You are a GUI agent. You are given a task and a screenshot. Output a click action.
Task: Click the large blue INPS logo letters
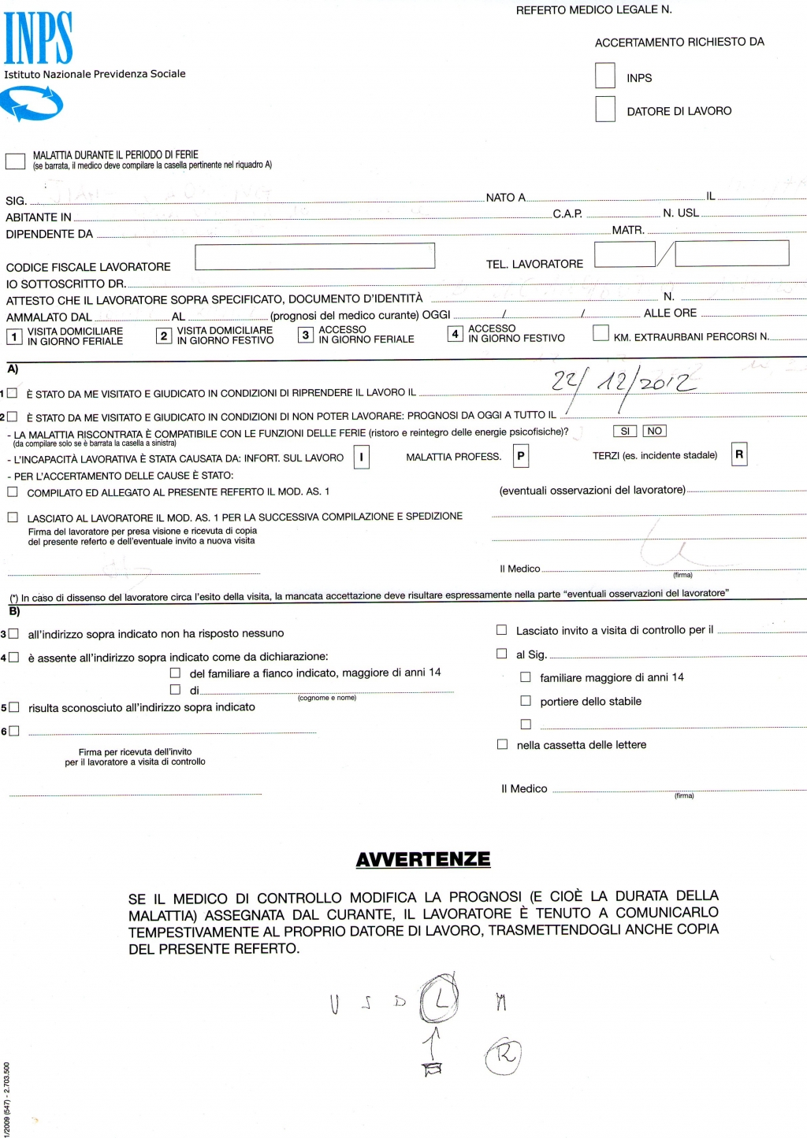coord(38,38)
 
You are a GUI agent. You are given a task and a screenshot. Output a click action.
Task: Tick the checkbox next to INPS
coord(605,76)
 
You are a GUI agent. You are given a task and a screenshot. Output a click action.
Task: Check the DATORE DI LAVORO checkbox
coord(605,109)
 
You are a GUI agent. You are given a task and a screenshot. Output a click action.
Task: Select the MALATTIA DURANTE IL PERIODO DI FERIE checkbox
coord(15,161)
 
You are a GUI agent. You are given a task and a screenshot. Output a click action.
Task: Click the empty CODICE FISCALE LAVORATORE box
coord(314,256)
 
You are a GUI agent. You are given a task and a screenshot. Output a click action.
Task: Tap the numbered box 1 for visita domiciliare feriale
coord(14,337)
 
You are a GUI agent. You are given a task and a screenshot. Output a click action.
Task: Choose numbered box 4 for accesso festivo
coord(455,334)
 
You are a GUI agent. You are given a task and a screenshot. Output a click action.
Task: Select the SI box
coord(625,432)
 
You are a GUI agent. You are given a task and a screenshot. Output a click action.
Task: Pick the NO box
coord(654,432)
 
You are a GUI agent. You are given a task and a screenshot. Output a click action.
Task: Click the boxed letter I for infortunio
coord(361,457)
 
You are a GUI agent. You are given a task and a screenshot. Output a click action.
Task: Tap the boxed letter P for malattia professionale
coord(520,456)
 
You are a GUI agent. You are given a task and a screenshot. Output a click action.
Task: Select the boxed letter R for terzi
coord(739,454)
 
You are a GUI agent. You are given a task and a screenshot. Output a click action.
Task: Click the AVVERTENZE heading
coord(423,859)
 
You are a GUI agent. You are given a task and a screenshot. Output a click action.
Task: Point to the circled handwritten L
coord(440,999)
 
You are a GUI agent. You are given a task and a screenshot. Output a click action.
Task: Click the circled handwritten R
coord(504,1055)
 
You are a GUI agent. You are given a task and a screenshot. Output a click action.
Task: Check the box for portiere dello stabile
coord(526,701)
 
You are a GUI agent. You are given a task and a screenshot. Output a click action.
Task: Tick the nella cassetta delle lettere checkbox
coord(502,744)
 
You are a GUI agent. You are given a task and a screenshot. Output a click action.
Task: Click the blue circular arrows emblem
coord(32,103)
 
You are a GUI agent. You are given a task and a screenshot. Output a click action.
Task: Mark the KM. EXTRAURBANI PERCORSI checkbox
coord(601,333)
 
